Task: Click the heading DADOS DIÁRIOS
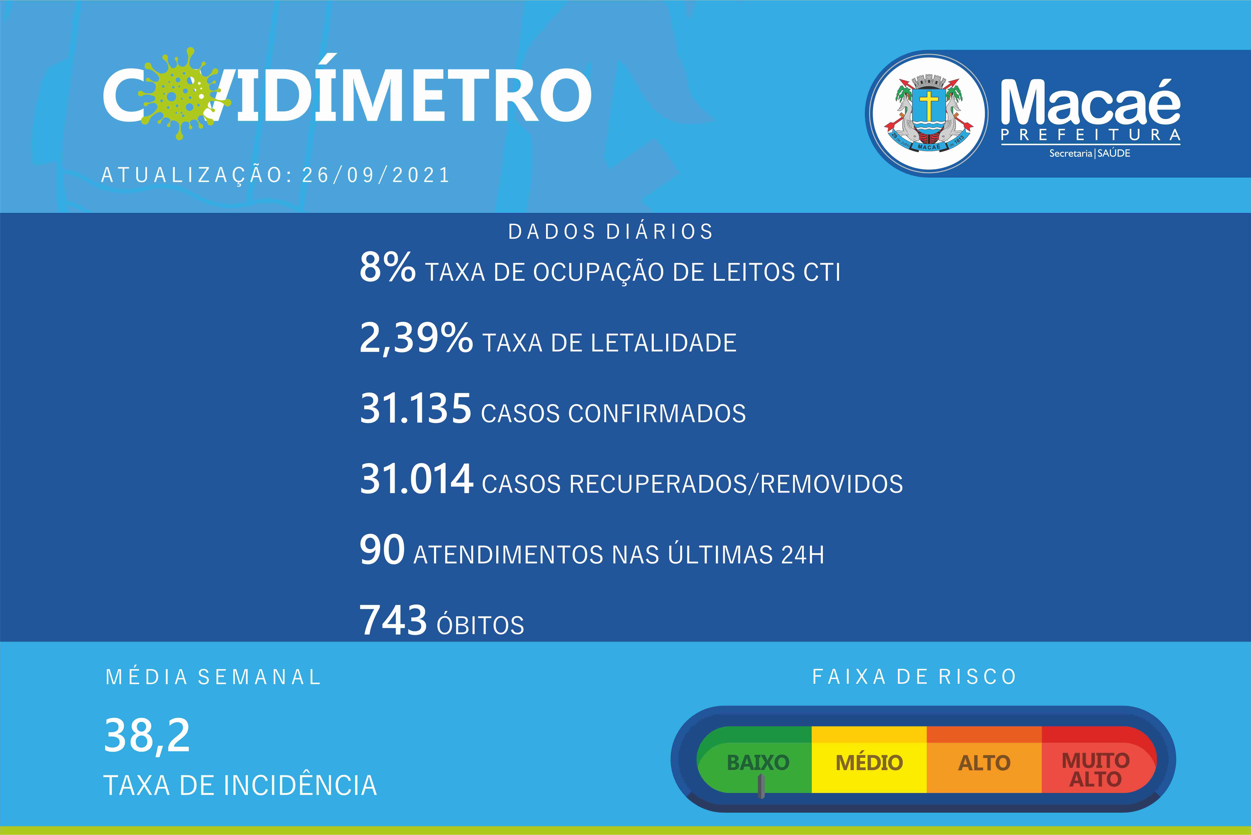pos(610,232)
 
